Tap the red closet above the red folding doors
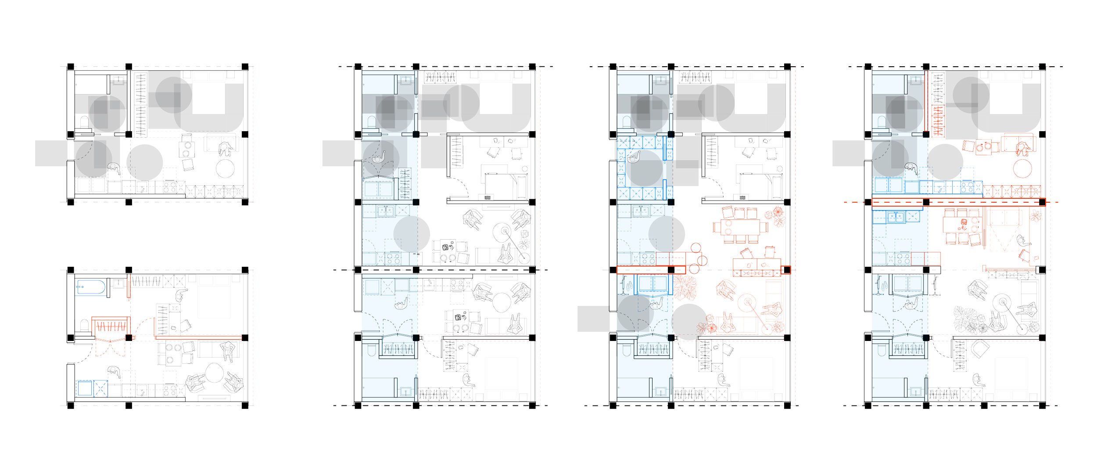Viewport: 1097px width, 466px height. coord(111,326)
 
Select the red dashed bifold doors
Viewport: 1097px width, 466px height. coord(110,349)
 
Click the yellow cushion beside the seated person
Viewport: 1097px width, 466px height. coord(1011,143)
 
